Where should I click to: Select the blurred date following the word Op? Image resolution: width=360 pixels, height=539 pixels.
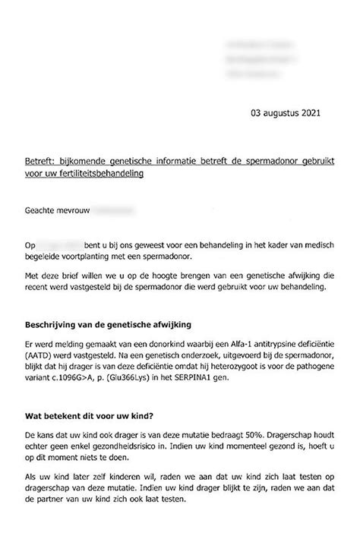[65, 246]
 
